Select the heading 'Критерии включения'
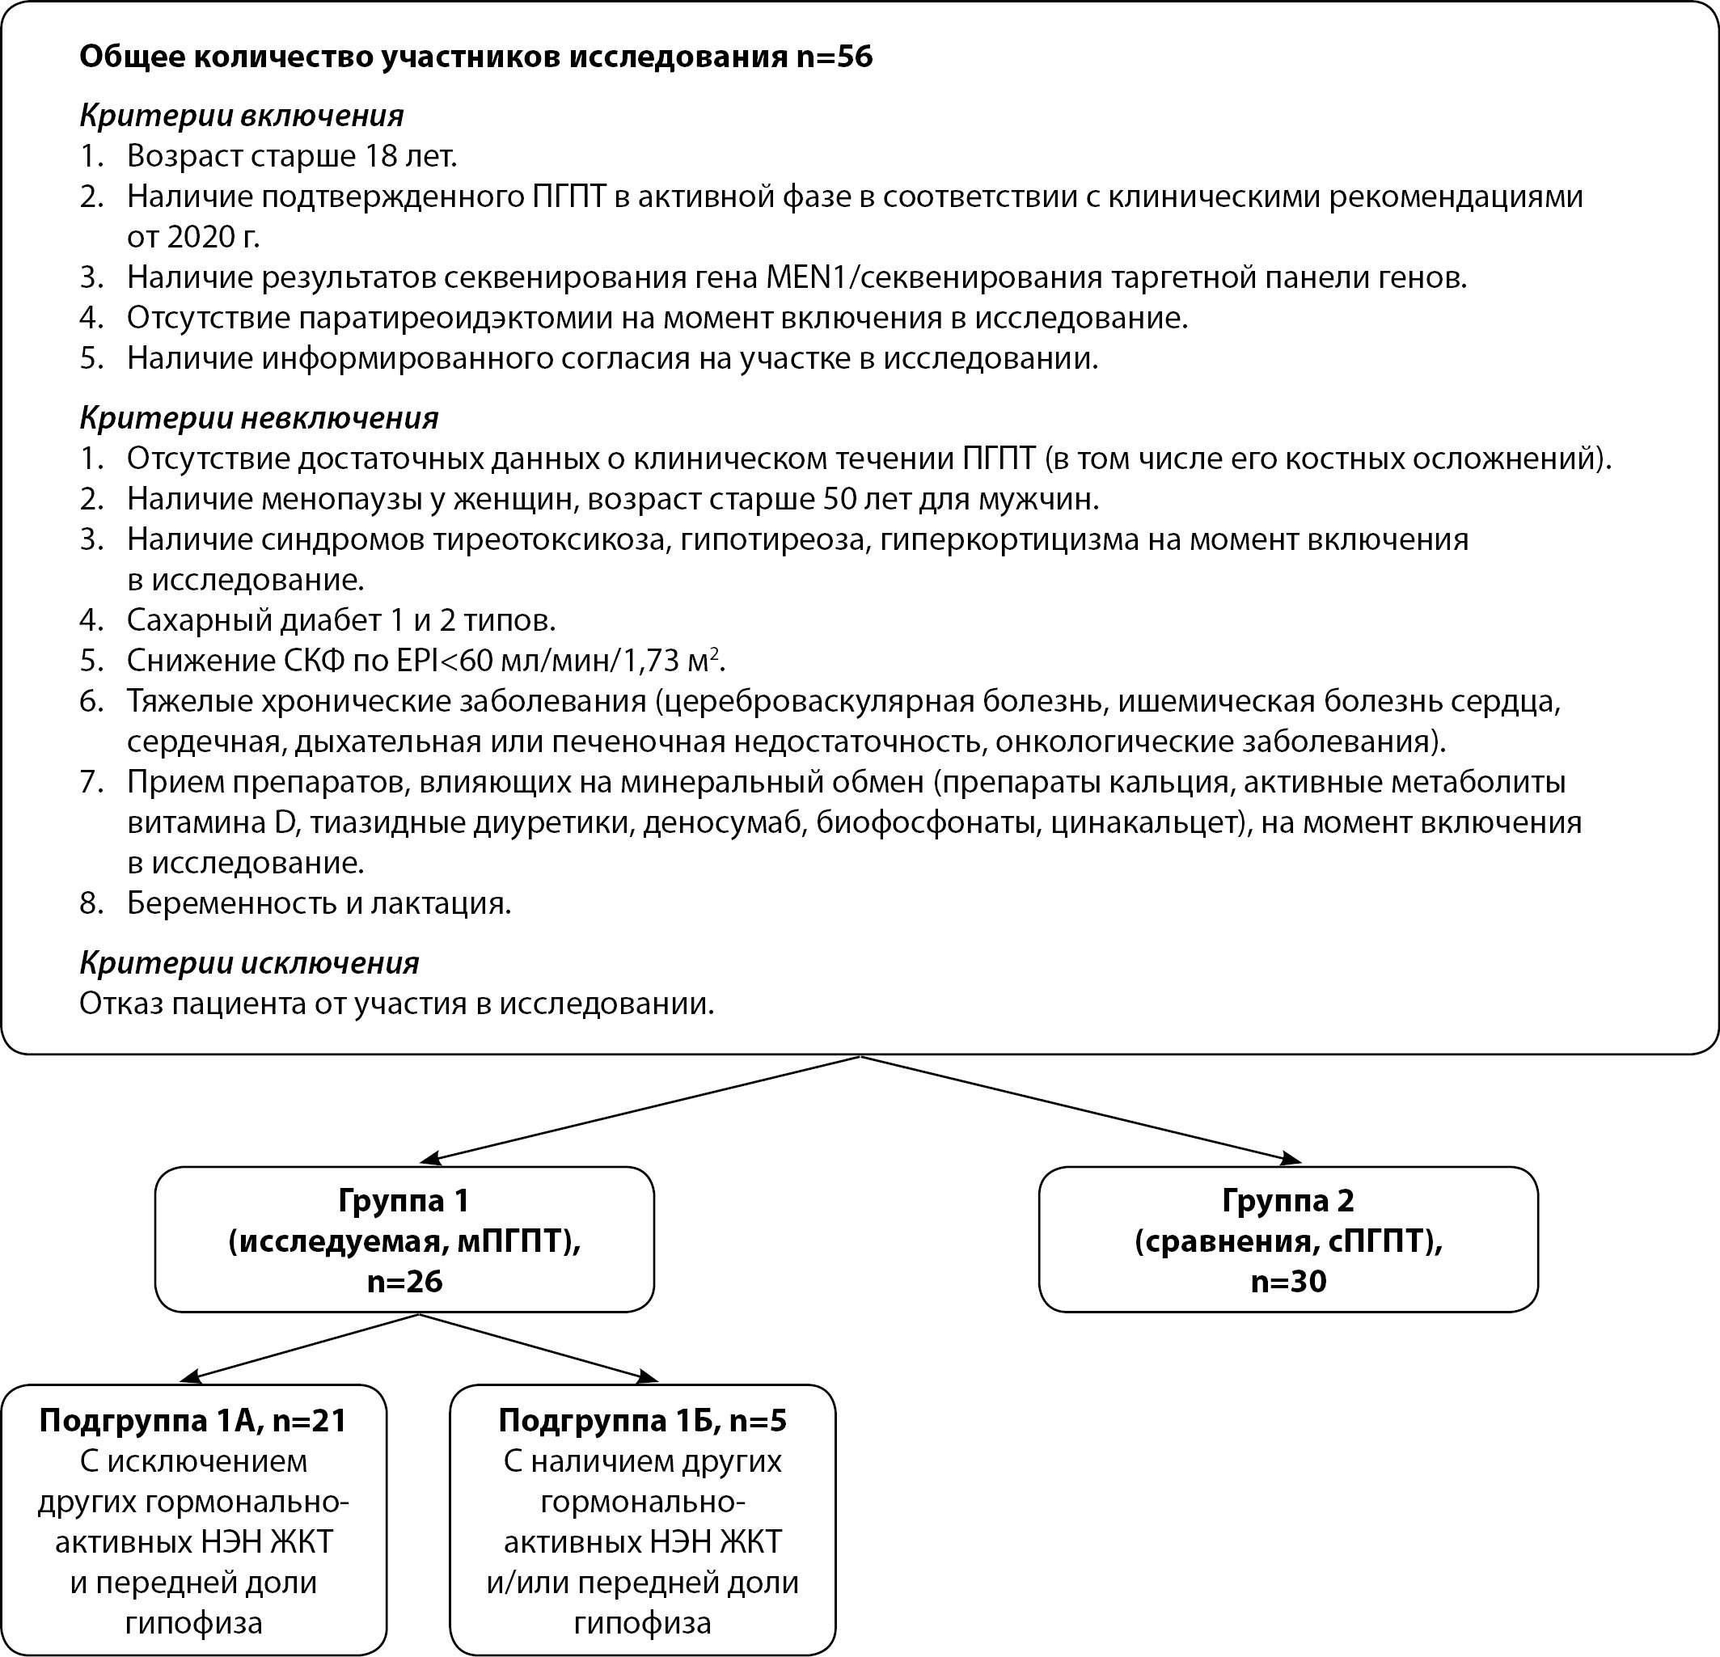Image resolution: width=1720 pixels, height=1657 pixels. pyautogui.click(x=241, y=115)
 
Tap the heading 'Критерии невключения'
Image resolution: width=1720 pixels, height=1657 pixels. pyautogui.click(x=259, y=418)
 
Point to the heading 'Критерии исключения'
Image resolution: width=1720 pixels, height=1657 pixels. pyautogui.click(x=249, y=963)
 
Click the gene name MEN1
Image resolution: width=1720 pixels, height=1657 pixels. pyautogui.click(x=806, y=277)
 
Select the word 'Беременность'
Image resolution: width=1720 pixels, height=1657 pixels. pyautogui.click(x=223, y=903)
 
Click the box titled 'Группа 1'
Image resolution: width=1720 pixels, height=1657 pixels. pyautogui.click(x=404, y=1238)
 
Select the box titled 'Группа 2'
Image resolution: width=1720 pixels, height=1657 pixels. pyautogui.click(x=1287, y=1238)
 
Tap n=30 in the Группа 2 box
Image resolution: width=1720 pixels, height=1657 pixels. pyautogui.click(x=1287, y=1282)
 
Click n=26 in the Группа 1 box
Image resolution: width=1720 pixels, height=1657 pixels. pyautogui.click(x=404, y=1282)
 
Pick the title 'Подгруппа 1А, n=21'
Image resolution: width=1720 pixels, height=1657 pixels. pyautogui.click(x=193, y=1420)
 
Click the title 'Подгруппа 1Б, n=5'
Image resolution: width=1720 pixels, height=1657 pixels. pyautogui.click(x=642, y=1420)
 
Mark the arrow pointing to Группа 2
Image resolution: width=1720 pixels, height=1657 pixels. pyautogui.click(x=1080, y=1110)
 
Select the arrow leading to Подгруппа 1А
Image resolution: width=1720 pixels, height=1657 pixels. pyautogui.click(x=302, y=1347)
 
